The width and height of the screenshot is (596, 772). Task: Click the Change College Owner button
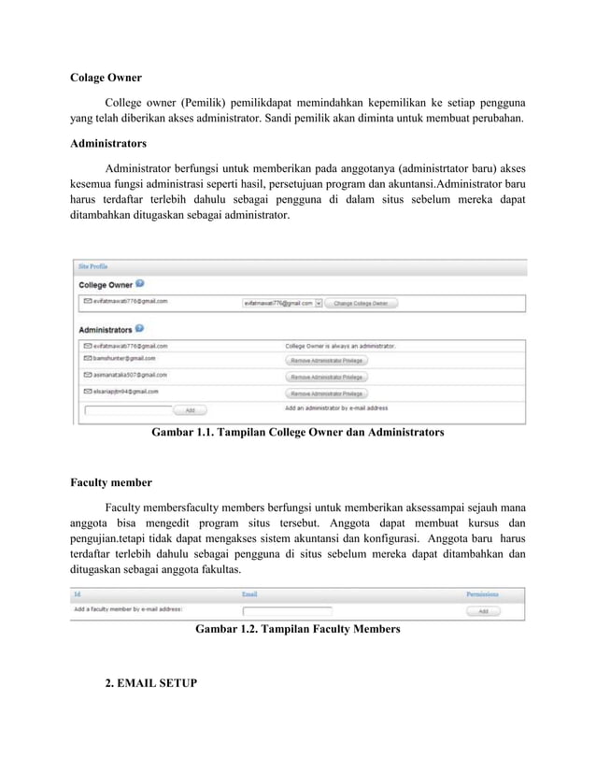(361, 303)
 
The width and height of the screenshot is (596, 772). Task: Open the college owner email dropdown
(319, 303)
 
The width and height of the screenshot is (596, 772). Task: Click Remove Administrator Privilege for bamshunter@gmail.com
(327, 360)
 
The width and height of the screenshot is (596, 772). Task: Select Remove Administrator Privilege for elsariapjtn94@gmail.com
(327, 393)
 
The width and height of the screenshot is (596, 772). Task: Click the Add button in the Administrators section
(190, 409)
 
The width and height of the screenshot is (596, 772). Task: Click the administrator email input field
(128, 409)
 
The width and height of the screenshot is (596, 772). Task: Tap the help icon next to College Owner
(139, 283)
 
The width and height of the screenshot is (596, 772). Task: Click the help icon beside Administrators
(139, 329)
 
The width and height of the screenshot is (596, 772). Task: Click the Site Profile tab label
(92, 266)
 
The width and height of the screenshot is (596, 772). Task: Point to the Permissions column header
(482, 594)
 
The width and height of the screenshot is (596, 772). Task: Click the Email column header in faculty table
(249, 594)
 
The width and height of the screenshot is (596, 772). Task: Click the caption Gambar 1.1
(291, 433)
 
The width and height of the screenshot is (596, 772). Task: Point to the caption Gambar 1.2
(297, 630)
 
